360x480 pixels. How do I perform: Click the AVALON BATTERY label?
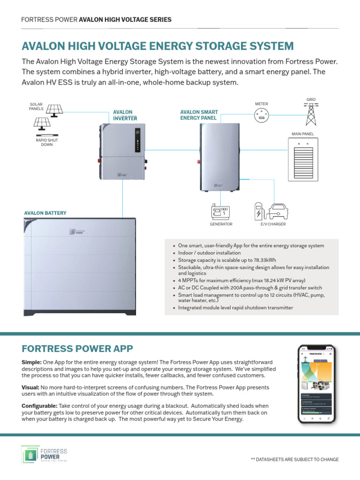pos(45,213)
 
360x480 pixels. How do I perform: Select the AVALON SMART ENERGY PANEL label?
pos(199,115)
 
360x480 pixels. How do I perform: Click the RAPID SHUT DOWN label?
pos(47,142)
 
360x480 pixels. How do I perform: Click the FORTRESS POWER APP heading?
pos(77,348)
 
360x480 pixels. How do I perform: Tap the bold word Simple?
pos(31,363)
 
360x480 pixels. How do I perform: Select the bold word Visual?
pos(31,388)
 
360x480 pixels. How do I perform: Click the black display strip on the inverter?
pos(137,140)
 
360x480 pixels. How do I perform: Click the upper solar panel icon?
pos(53,107)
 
